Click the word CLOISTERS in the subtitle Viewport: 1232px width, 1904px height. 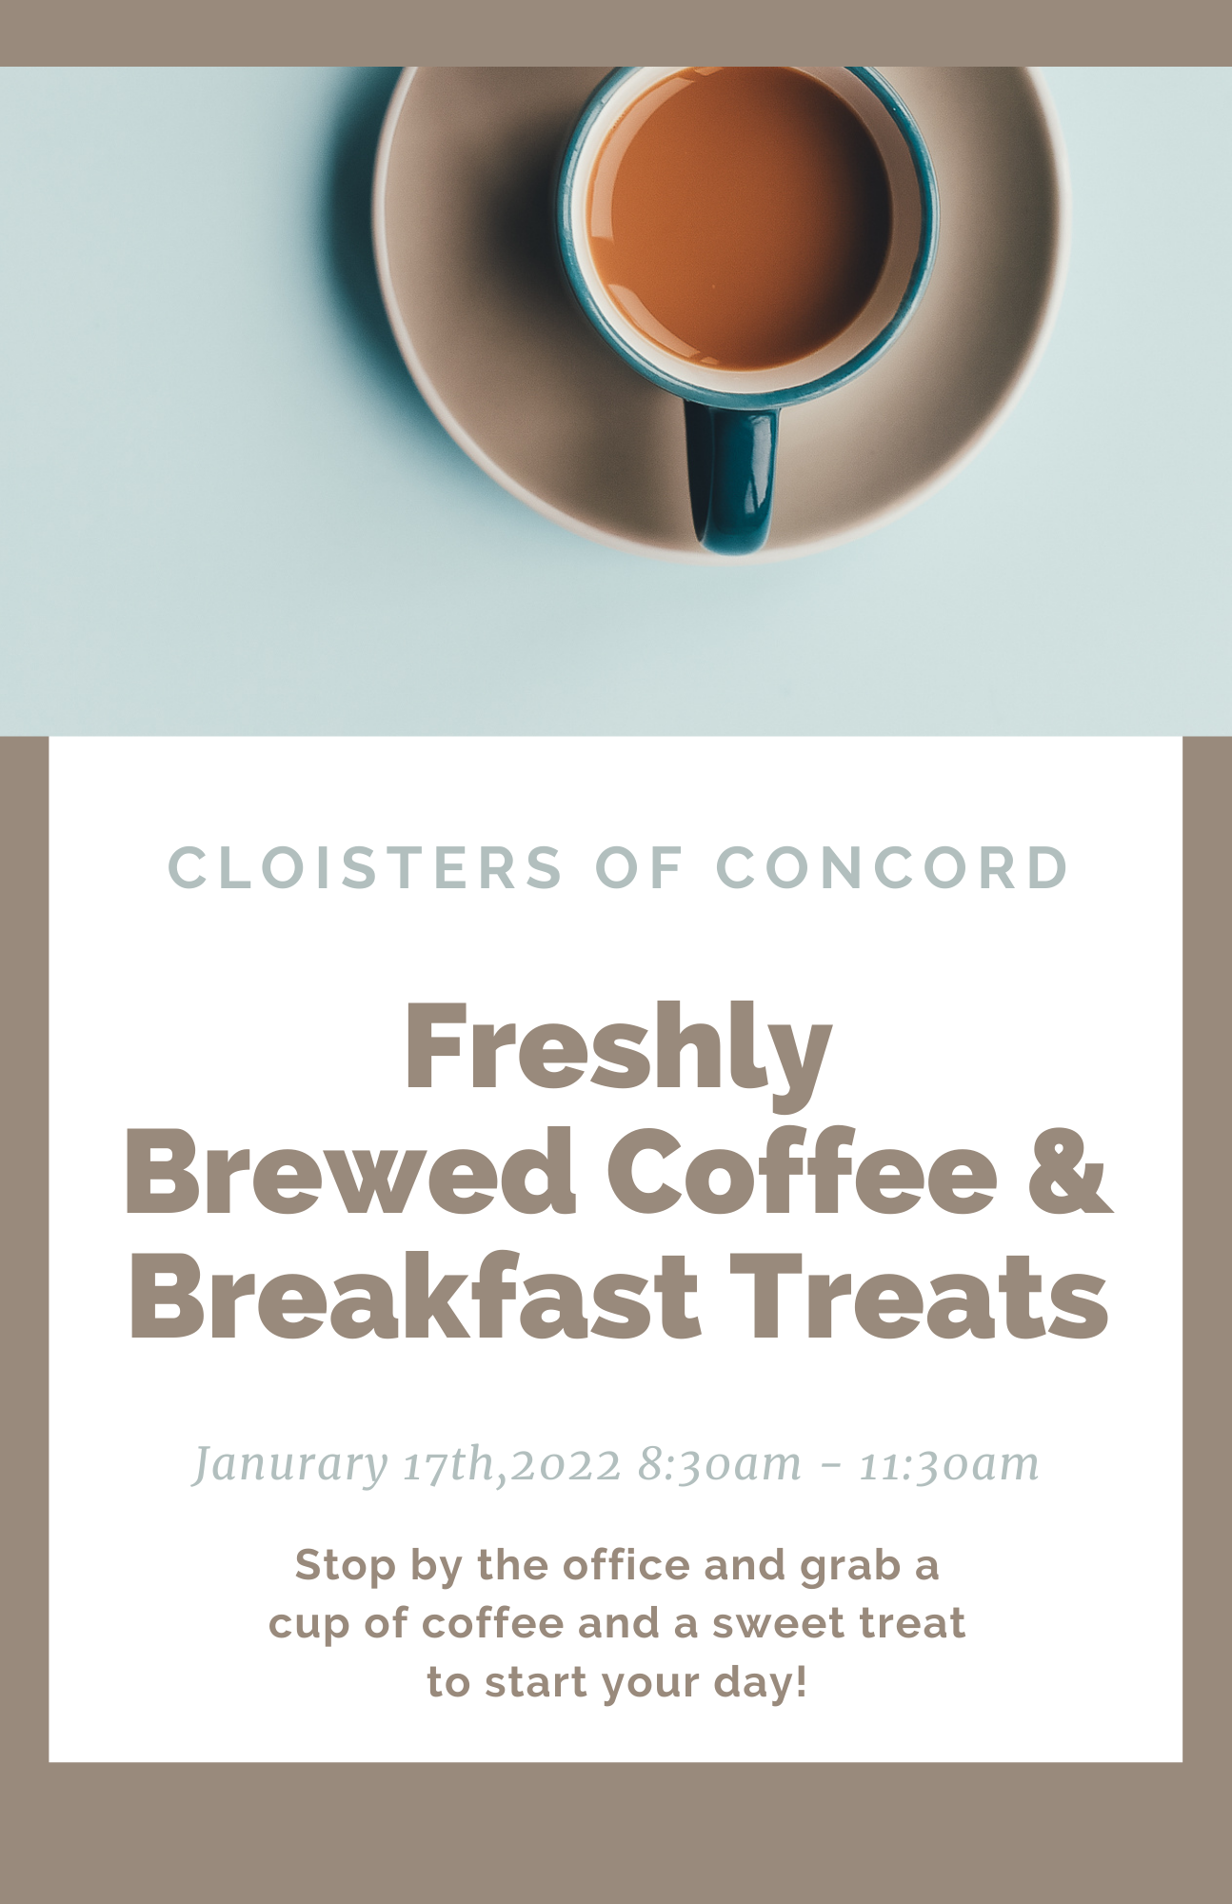coord(366,867)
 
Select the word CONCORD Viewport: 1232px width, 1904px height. coord(892,867)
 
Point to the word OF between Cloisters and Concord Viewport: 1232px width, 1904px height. coord(640,867)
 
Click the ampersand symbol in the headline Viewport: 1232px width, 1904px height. coord(1069,1172)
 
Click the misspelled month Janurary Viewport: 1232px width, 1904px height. coord(290,1465)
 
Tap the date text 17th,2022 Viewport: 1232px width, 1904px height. coord(512,1463)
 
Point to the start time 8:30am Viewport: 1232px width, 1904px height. coord(720,1464)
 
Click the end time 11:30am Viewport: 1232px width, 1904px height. coord(949,1464)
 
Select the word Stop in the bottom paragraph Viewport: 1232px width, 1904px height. coord(346,1567)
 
